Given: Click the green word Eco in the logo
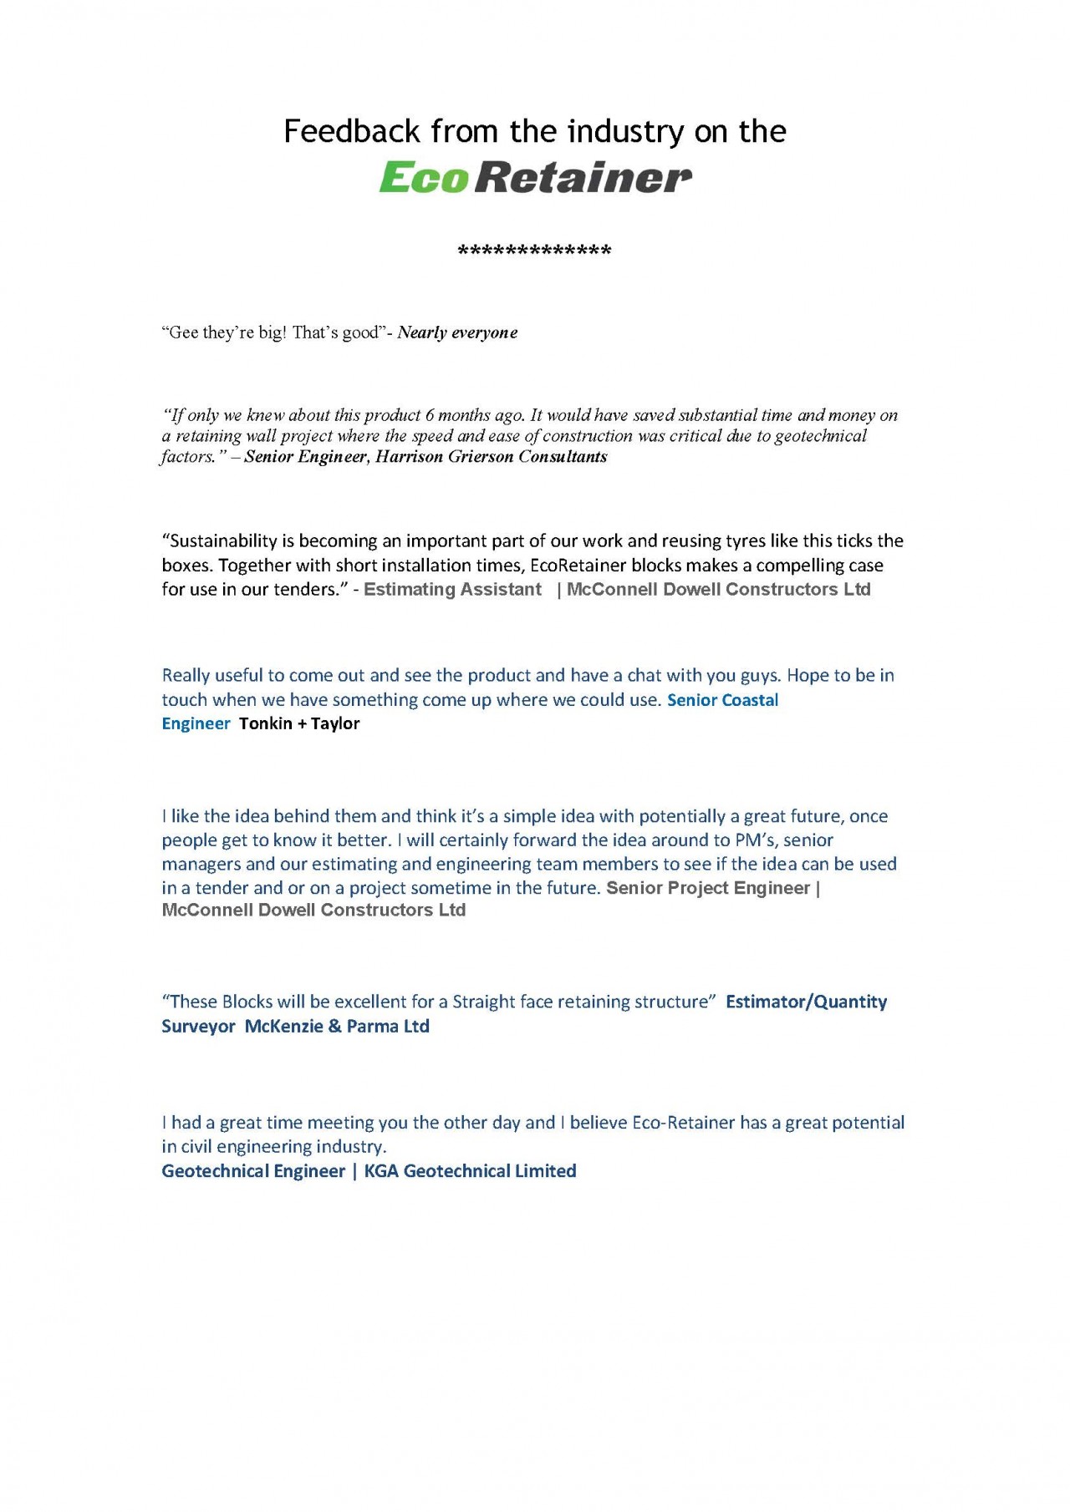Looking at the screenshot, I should tap(422, 177).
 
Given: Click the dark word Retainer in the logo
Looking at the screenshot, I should tap(583, 177).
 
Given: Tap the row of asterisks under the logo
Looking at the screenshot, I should tap(535, 251).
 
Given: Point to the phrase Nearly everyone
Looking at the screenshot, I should tap(457, 332).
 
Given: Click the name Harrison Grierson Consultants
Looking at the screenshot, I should tap(491, 457).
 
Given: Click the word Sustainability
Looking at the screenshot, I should tap(227, 541).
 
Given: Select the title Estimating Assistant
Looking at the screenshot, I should tap(452, 590).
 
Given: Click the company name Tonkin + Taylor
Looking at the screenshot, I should tap(299, 723).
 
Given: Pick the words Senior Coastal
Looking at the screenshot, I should tap(722, 700).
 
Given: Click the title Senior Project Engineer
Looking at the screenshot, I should tap(708, 888).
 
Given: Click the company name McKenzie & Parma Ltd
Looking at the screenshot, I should tap(337, 1027).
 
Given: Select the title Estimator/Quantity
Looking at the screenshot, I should tap(806, 1002).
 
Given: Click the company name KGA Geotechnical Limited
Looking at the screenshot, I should tap(470, 1171).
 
